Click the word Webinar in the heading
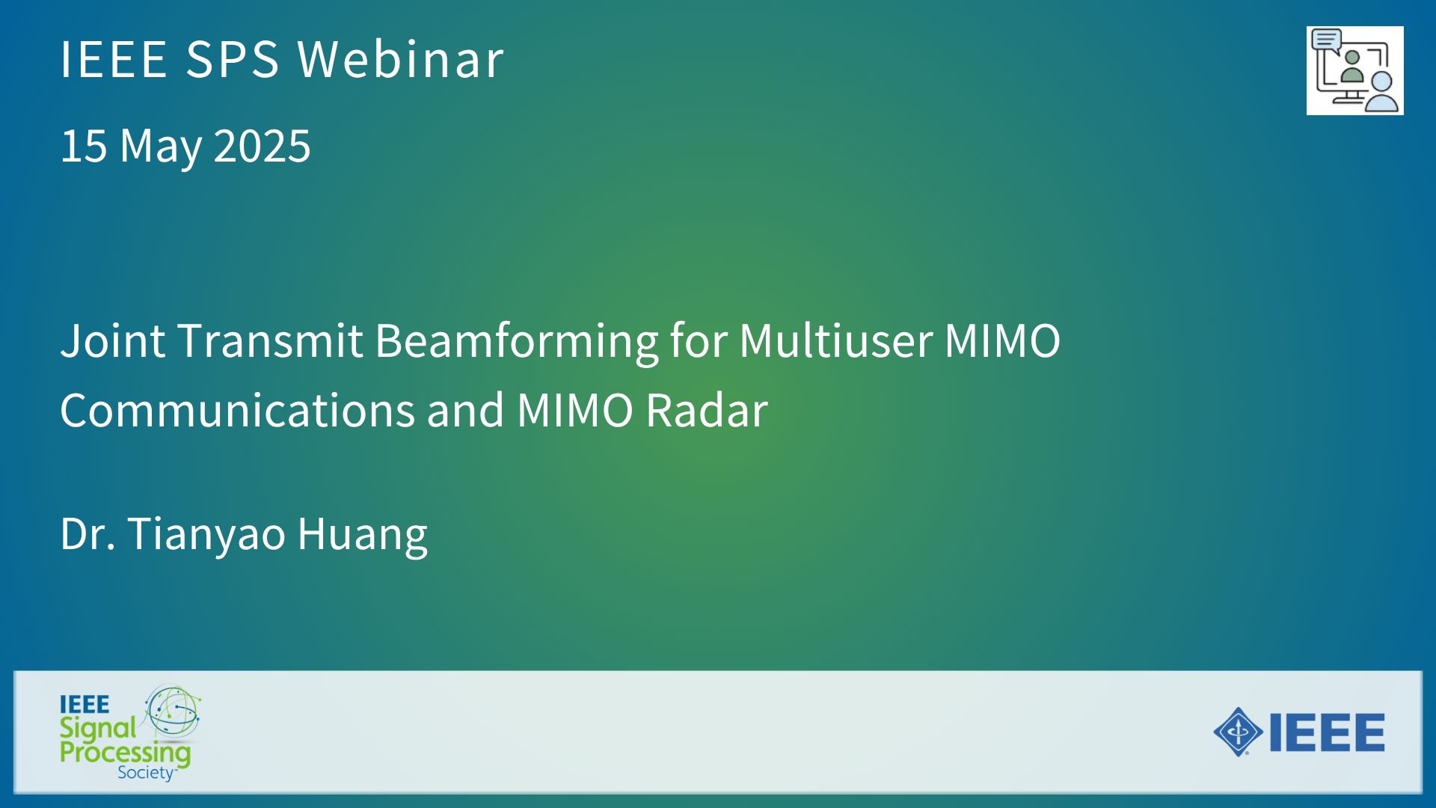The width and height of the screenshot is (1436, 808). (x=401, y=58)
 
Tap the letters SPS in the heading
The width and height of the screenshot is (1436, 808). (x=232, y=58)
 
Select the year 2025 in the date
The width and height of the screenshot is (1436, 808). (x=262, y=145)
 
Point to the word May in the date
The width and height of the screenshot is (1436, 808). (x=160, y=148)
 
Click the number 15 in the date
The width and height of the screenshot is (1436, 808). (x=84, y=145)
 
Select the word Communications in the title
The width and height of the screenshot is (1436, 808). (x=237, y=410)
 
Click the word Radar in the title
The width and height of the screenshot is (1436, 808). (x=707, y=410)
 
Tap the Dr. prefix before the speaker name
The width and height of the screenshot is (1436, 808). (x=88, y=533)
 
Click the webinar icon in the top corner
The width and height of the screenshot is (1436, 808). (x=1354, y=70)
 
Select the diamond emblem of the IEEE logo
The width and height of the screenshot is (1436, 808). (x=1239, y=732)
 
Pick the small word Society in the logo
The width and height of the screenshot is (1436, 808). (x=146, y=773)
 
